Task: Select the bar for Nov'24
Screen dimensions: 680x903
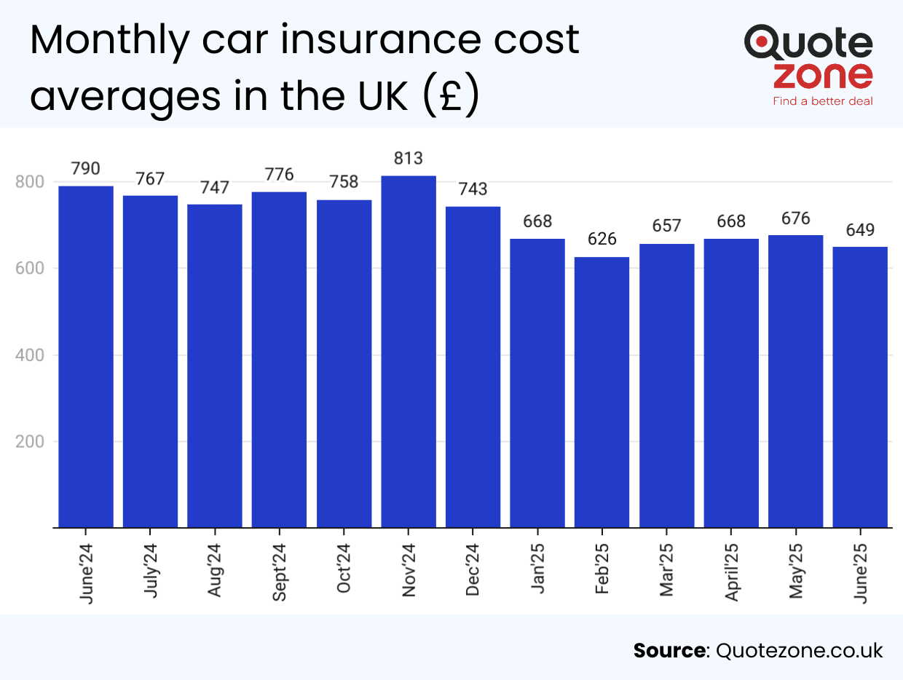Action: click(x=409, y=352)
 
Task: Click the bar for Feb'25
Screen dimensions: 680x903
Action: click(x=602, y=392)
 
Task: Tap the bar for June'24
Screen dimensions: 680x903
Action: click(x=86, y=357)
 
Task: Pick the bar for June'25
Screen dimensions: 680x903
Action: click(x=860, y=387)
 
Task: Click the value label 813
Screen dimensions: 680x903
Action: click(x=409, y=158)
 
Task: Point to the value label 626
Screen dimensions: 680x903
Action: click(x=602, y=239)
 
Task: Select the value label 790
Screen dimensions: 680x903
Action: click(x=86, y=169)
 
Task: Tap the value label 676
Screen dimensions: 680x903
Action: click(x=795, y=218)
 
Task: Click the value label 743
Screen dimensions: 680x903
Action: click(x=473, y=189)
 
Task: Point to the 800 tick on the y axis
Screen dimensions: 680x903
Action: click(x=29, y=182)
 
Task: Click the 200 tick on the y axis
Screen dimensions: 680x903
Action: click(x=29, y=442)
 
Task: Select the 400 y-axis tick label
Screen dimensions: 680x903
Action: click(x=29, y=355)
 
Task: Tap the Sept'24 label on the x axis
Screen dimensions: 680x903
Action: click(x=280, y=572)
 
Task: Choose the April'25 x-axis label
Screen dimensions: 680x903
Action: click(x=731, y=572)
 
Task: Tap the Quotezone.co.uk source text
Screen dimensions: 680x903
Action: click(x=800, y=650)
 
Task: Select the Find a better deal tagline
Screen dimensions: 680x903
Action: click(x=823, y=101)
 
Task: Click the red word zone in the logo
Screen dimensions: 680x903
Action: click(x=823, y=75)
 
